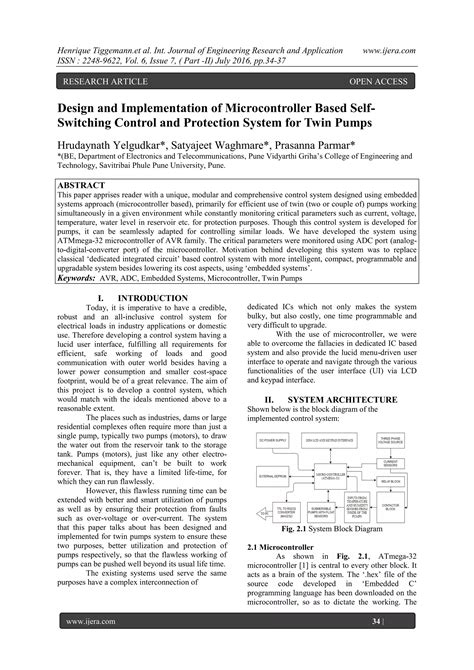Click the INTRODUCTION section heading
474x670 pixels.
tap(139, 299)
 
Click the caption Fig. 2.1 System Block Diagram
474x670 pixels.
tap(338, 527)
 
